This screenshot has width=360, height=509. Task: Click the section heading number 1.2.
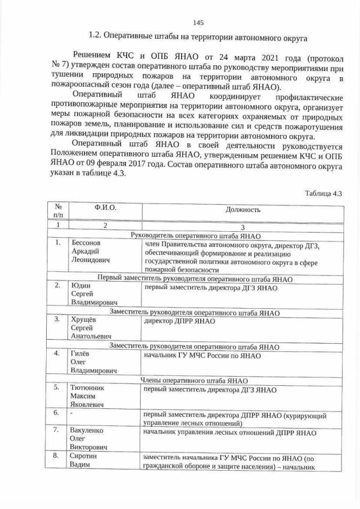point(97,37)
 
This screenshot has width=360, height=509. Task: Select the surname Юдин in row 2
point(80,286)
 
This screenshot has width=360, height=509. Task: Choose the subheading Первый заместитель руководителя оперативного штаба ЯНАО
point(195,278)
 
